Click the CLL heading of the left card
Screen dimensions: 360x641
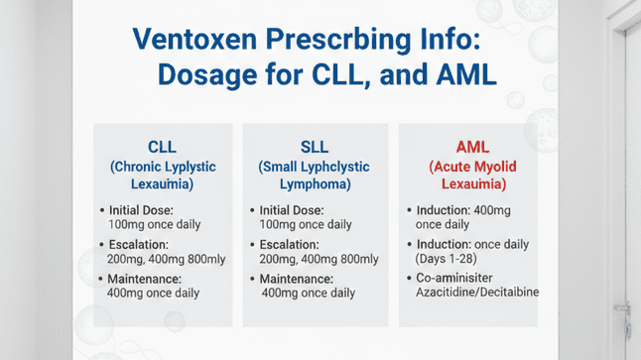coord(163,147)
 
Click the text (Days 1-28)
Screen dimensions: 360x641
coord(443,259)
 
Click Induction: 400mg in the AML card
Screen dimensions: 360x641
coord(469,211)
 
